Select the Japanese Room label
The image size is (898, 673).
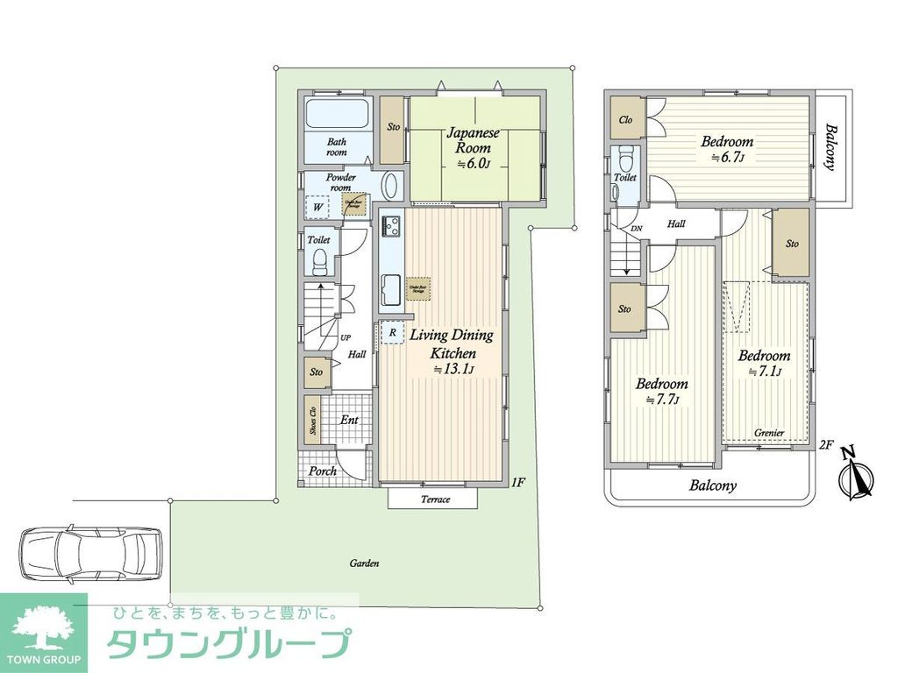tap(473, 141)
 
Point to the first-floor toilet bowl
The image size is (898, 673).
tap(320, 259)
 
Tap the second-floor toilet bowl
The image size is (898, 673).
tap(625, 160)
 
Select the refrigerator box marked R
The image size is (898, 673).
tap(392, 333)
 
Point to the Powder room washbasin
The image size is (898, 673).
tap(391, 187)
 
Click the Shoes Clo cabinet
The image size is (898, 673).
tap(312, 417)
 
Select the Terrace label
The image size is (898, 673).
tap(434, 499)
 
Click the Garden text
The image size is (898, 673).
tap(364, 563)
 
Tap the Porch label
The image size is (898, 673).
tap(323, 471)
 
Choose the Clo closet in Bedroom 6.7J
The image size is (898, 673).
tap(626, 120)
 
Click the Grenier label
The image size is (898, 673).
tap(769, 433)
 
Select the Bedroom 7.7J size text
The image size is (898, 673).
tap(662, 399)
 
